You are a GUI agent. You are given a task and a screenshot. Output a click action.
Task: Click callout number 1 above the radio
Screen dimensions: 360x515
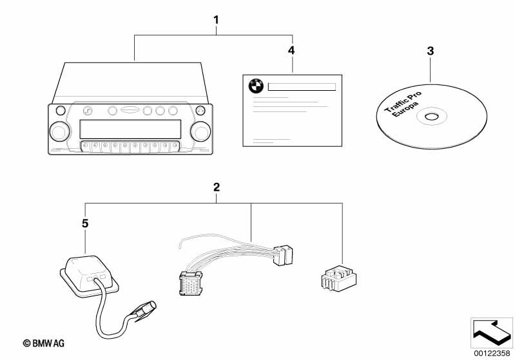(x=217, y=20)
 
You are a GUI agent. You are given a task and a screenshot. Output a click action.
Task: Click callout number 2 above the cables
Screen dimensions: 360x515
(x=217, y=187)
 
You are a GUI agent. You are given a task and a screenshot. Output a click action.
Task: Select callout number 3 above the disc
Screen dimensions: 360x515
(x=431, y=51)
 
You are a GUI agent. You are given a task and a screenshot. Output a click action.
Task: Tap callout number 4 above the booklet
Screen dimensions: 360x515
(x=291, y=50)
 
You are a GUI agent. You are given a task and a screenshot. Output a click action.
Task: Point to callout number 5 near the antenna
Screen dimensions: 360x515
(x=85, y=224)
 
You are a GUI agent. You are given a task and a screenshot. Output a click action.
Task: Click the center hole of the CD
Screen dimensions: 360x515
(x=430, y=117)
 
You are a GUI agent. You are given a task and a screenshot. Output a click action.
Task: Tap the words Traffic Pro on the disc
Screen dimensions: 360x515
(x=403, y=102)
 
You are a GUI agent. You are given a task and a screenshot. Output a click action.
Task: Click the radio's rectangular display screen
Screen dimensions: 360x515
(x=129, y=129)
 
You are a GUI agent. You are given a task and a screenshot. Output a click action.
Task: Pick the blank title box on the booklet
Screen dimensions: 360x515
(x=302, y=86)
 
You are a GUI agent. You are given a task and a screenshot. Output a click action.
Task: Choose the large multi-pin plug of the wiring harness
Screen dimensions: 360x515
(x=193, y=284)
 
